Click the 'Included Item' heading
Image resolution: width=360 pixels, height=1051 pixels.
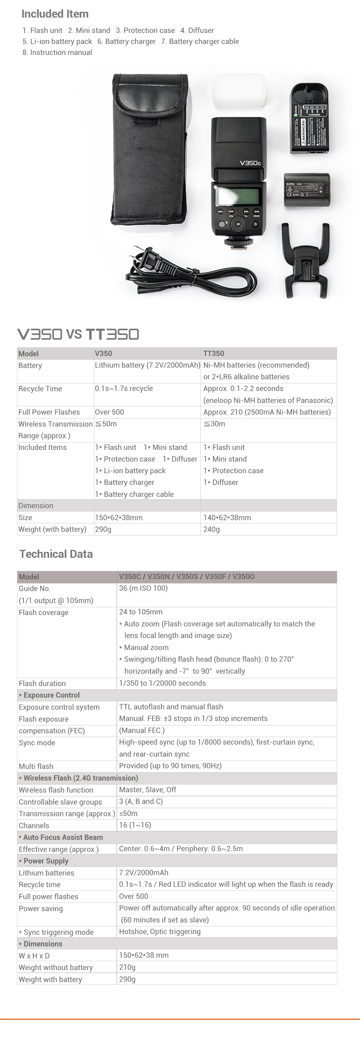(55, 14)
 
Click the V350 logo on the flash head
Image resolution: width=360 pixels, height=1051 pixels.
(250, 163)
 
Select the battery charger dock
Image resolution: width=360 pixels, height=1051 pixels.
(309, 119)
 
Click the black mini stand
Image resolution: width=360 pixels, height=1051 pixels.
(306, 261)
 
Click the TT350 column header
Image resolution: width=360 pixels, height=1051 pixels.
(213, 353)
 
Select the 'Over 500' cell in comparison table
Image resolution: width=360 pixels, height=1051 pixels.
(109, 412)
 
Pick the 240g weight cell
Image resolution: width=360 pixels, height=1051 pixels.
(211, 529)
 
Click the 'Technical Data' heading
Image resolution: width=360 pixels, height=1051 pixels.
(56, 554)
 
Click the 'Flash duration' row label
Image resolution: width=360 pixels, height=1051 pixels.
(42, 683)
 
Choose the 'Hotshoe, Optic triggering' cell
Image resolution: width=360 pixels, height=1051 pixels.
(160, 931)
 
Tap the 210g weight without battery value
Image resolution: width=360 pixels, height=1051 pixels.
(127, 967)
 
